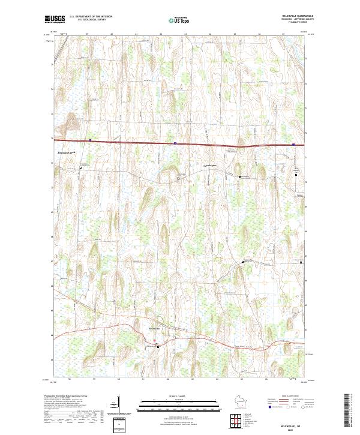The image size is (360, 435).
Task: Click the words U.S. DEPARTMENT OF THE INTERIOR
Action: click(x=91, y=16)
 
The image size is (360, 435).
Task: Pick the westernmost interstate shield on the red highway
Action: click(x=90, y=141)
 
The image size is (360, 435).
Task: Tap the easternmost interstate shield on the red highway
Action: click(x=293, y=144)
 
